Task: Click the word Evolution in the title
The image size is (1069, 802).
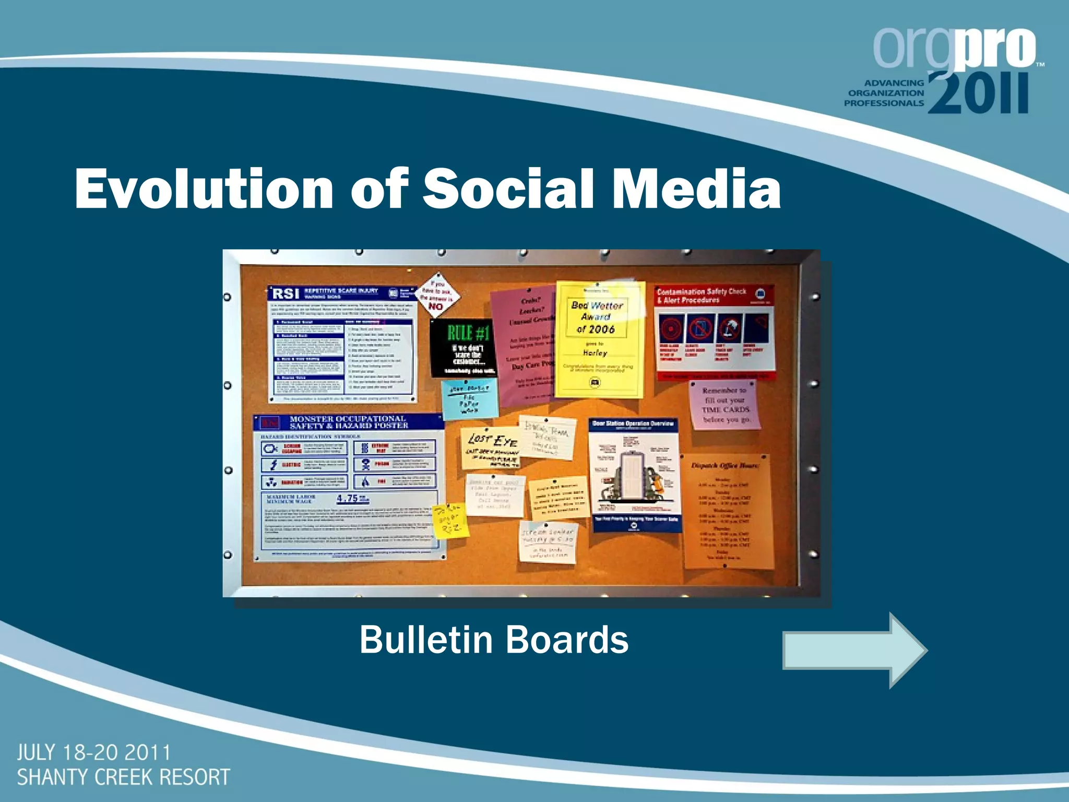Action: pos(204,189)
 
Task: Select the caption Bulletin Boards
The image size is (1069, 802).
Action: pos(494,640)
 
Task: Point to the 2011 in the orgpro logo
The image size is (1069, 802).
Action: pos(979,93)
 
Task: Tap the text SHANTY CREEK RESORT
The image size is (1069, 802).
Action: pos(124,777)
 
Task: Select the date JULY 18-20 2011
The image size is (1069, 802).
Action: pos(94,753)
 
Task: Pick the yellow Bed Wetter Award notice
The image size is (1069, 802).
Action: pos(598,339)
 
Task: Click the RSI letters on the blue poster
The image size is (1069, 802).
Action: pos(286,293)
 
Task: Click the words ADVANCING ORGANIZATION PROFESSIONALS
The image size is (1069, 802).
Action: pos(884,93)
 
